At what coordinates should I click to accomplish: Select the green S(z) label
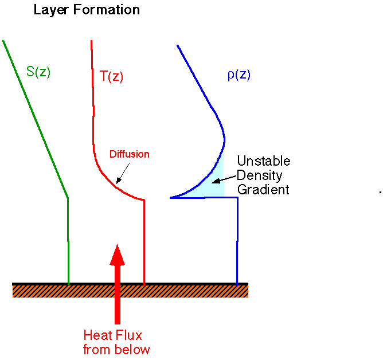click(38, 72)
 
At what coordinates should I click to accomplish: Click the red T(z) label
click(112, 76)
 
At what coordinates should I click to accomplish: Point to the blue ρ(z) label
click(239, 75)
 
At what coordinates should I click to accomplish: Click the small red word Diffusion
click(129, 154)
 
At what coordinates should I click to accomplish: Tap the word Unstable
click(264, 161)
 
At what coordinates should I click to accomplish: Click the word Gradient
click(263, 190)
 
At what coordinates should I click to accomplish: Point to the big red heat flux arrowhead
click(117, 255)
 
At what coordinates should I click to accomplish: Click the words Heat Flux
click(112, 335)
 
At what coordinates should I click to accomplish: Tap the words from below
click(116, 350)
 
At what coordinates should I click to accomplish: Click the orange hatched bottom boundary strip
click(130, 291)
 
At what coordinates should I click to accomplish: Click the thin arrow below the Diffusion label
click(122, 172)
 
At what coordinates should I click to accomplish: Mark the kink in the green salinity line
click(68, 198)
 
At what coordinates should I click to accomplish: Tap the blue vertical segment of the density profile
click(237, 241)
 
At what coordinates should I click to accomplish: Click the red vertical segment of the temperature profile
click(143, 241)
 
